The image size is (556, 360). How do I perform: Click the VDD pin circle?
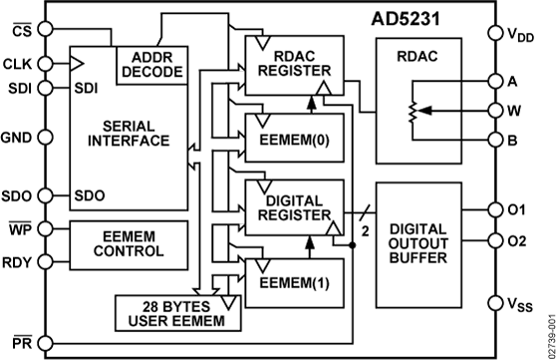coord(495,34)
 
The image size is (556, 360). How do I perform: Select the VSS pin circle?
coord(495,302)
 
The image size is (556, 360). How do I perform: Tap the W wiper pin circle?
coord(495,112)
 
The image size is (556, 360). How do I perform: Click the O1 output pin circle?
coord(495,209)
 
